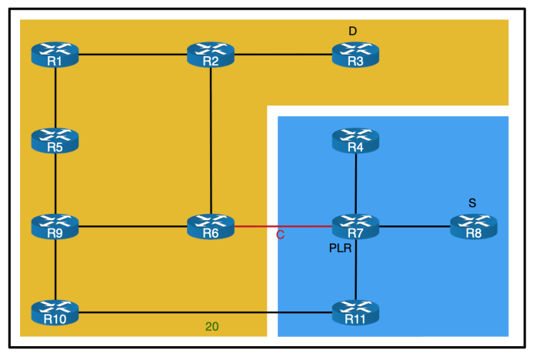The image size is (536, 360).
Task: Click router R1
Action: point(55,55)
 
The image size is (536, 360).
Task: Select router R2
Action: point(211,55)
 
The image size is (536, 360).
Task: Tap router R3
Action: point(355,55)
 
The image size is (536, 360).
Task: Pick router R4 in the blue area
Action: point(355,141)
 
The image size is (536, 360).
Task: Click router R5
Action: point(55,141)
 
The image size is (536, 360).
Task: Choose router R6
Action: point(211,227)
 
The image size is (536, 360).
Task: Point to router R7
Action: point(355,227)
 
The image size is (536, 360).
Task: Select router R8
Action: point(473,227)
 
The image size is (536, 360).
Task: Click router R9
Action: point(55,227)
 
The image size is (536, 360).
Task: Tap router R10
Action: point(55,312)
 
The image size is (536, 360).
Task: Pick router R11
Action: point(355,312)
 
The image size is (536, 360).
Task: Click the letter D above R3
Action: point(353,31)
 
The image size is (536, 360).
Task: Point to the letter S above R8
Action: point(472,203)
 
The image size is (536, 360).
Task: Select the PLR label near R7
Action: point(340,249)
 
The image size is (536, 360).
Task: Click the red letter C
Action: point(280,235)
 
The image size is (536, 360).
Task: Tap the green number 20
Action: point(211,326)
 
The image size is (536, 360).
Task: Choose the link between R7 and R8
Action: point(414,227)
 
